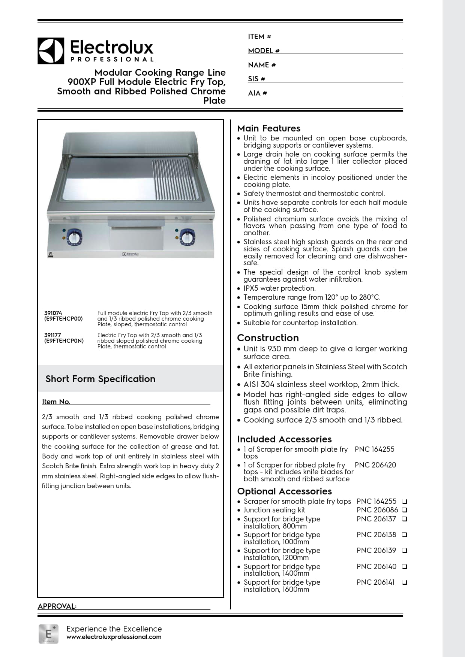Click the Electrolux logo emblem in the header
coord(51,51)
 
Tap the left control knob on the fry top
coord(74,237)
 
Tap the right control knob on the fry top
coord(187,237)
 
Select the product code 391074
coord(53,313)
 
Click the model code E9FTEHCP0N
coord(64,341)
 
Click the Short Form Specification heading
coord(100,379)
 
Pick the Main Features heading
coord(268,128)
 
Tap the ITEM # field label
coord(259,36)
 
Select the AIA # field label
coord(257,93)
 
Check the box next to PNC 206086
coord(405,510)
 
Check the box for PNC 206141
coord(405,582)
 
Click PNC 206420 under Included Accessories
coord(375,465)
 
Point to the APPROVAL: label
coord(57,606)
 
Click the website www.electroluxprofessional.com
coord(114,637)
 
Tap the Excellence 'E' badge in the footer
coord(48,634)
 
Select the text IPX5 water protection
coord(279,288)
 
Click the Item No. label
coord(56,402)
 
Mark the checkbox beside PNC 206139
coord(405,550)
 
